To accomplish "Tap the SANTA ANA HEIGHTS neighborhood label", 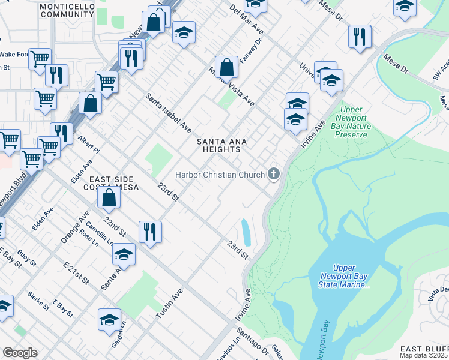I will coord(223,145).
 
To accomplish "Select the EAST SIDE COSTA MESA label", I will coord(114,183).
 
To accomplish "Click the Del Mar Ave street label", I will coord(247,19).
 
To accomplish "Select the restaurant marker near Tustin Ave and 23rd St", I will coord(150,231).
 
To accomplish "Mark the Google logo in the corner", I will coord(20,353).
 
